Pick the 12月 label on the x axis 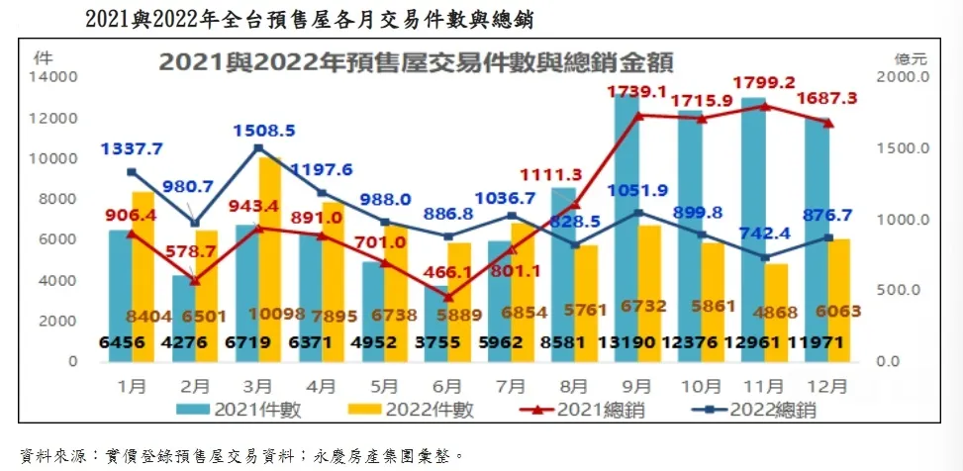(826, 386)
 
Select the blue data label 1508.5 (264, 131)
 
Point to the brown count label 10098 (274, 314)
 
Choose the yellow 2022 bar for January (144, 276)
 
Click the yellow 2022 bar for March (269, 259)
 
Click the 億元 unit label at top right (912, 59)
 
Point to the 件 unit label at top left (44, 59)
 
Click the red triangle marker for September (638, 115)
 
